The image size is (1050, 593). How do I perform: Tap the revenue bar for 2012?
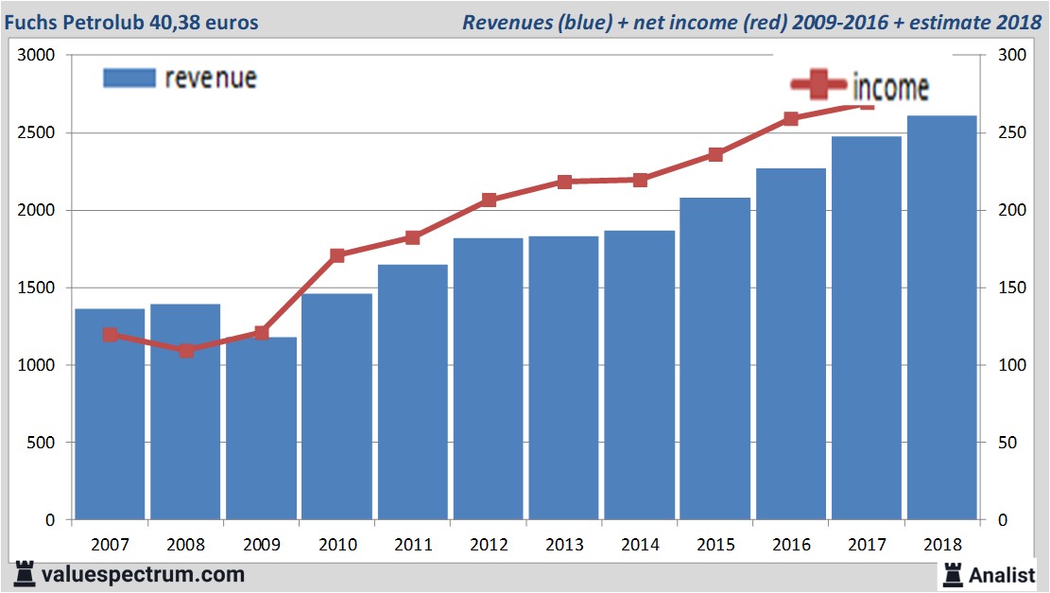point(489,378)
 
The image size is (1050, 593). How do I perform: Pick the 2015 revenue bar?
point(715,358)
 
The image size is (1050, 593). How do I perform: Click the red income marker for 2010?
point(337,255)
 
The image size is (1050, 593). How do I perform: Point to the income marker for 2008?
point(186,351)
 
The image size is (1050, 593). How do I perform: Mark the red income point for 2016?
point(791,119)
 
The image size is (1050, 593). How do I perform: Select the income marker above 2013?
point(564,182)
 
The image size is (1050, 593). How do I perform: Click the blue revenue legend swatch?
point(129,78)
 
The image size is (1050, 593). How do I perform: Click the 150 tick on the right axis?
point(1000,288)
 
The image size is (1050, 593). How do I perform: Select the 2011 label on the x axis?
point(413,545)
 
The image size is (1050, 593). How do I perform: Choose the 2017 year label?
point(867,545)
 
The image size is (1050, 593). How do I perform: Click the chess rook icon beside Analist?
point(952,573)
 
